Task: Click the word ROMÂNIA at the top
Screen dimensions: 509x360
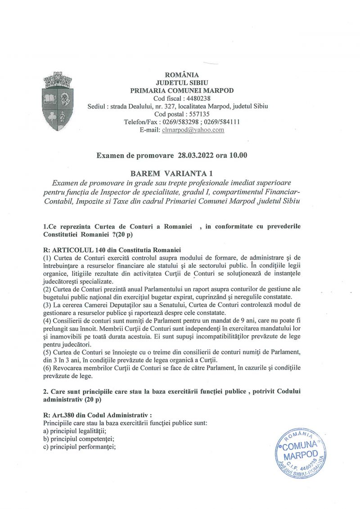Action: [x=182, y=75]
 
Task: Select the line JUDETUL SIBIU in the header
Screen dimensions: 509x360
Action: [x=182, y=83]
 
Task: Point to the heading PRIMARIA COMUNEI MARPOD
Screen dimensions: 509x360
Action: [x=182, y=90]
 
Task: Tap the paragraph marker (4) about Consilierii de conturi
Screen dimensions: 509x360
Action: [x=47, y=322]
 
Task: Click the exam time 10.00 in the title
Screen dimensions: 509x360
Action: [x=238, y=156]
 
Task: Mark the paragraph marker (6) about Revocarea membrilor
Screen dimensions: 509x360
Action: [x=47, y=368]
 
